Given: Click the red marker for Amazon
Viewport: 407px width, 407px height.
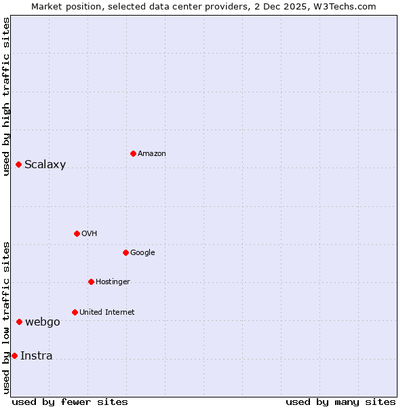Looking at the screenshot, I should (x=133, y=153).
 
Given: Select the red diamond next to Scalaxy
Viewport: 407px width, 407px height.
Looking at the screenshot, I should (x=18, y=164).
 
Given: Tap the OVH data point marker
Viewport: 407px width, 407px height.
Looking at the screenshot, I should (x=77, y=233).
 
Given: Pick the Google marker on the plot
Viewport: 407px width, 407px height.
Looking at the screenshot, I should (x=125, y=252).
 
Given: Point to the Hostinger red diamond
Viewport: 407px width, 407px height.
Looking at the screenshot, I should (x=91, y=282).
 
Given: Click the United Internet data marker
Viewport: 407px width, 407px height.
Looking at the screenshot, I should (x=75, y=312).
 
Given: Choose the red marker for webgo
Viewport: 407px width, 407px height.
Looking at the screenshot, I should (x=19, y=322).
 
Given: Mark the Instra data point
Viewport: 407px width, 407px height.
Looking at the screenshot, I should (x=14, y=355).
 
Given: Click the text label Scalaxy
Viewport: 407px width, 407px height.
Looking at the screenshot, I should (x=45, y=165).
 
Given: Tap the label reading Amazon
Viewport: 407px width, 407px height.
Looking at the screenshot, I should (x=151, y=154).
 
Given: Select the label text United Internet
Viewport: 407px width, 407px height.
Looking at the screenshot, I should (x=106, y=313).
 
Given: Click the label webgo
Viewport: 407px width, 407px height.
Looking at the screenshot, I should (x=42, y=322).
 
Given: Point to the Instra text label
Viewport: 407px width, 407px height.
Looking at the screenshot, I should (x=36, y=356).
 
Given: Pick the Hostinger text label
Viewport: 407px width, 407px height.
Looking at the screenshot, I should (x=113, y=282).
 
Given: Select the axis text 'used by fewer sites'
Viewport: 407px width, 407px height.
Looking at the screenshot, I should (x=70, y=402).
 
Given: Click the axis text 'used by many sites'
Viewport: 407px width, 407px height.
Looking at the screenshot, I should (x=341, y=402).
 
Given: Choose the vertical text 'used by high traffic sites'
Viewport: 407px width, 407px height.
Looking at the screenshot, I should (x=6, y=96).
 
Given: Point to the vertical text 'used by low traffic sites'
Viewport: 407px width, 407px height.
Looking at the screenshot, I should (x=6, y=317).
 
